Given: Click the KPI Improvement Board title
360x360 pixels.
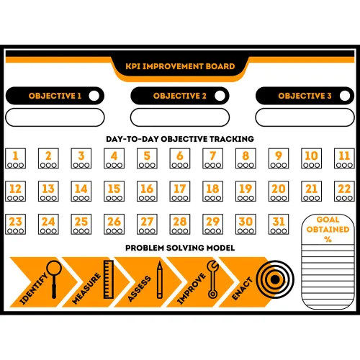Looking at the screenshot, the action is (x=180, y=66).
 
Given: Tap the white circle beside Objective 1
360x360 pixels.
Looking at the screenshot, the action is (x=94, y=96).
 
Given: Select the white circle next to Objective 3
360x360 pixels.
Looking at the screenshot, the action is (x=345, y=96).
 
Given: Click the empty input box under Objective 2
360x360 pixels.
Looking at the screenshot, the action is (x=180, y=117).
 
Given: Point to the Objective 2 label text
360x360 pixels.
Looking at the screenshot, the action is (x=180, y=96).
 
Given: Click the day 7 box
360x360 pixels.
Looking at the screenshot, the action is (x=212, y=158).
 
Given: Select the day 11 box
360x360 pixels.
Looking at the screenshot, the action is (x=344, y=158).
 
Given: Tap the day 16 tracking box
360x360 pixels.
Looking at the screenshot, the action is (x=147, y=191).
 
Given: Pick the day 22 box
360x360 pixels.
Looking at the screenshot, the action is (x=344, y=191).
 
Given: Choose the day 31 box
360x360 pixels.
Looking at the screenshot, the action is (x=279, y=224).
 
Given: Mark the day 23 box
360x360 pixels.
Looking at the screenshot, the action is (x=15, y=224).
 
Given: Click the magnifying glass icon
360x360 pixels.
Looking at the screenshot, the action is (x=54, y=279).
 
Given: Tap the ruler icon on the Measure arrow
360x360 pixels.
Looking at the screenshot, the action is (x=108, y=279).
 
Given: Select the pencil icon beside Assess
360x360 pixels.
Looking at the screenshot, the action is (x=160, y=280).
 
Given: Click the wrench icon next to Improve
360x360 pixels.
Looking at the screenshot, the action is (x=212, y=279).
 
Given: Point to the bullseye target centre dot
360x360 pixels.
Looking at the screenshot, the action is (x=275, y=279).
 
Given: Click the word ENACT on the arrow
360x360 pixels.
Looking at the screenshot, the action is (x=242, y=289).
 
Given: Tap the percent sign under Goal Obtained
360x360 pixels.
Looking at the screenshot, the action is (x=328, y=239).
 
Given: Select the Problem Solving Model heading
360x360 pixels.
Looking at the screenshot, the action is (x=180, y=248).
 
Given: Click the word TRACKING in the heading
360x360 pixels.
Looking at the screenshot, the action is (x=232, y=139).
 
